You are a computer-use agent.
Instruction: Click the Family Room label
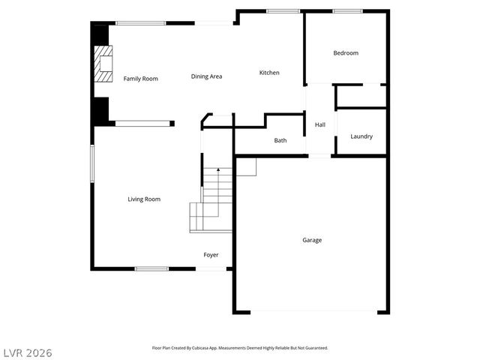click(x=140, y=79)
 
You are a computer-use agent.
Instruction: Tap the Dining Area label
click(x=206, y=76)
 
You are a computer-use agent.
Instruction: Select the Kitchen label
click(x=269, y=73)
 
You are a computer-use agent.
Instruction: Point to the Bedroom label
click(x=346, y=53)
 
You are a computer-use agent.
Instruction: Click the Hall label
click(x=319, y=125)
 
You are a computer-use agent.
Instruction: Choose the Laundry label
click(x=361, y=136)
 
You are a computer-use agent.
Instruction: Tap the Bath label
click(x=280, y=140)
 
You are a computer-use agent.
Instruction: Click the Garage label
click(x=312, y=240)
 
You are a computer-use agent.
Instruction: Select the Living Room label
click(x=144, y=199)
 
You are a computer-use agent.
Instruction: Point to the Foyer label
click(x=211, y=255)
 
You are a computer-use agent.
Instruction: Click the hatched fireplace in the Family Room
click(x=103, y=64)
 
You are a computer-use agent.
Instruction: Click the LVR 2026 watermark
click(x=27, y=352)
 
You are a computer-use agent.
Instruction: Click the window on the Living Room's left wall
click(x=92, y=163)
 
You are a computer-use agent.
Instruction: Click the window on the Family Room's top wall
click(x=140, y=23)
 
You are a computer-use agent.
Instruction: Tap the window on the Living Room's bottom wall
click(x=151, y=268)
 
